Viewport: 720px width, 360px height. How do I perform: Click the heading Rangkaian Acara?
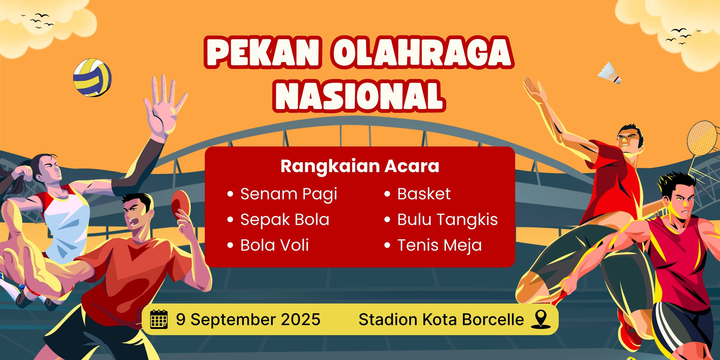coord(360,166)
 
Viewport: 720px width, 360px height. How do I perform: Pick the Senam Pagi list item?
coord(288,194)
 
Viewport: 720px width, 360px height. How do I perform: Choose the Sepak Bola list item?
coord(285,220)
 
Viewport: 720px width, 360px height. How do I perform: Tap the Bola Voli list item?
coord(274,245)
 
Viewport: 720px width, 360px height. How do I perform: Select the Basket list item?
coord(423,194)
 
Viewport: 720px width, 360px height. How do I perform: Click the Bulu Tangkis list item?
coord(447,220)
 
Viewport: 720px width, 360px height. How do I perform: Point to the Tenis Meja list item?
coord(439,245)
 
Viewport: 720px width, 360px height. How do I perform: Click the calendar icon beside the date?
coord(159,319)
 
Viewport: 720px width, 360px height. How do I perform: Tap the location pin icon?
coord(540,319)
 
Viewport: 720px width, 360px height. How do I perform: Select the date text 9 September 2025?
coord(248,319)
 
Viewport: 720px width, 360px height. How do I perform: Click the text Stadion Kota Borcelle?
coord(441,319)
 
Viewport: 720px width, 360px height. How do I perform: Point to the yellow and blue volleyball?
coord(92,77)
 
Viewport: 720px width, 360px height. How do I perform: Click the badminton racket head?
coord(703,138)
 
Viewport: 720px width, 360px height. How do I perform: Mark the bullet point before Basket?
coord(387,194)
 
